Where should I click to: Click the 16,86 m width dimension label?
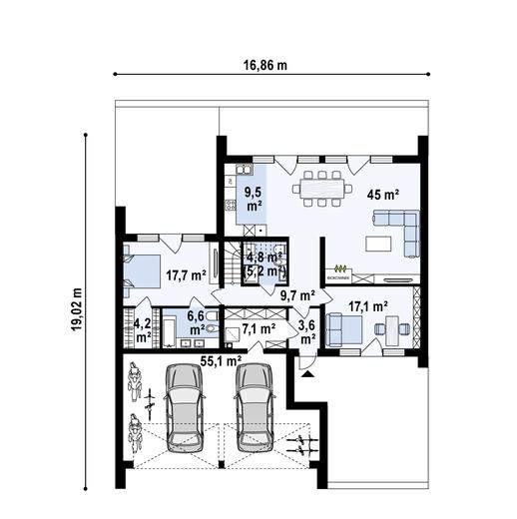pyautogui.click(x=264, y=66)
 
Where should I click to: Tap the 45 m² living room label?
pyautogui.click(x=380, y=195)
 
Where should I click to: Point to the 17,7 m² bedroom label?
pyautogui.click(x=186, y=274)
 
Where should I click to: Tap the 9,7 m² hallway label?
pyautogui.click(x=296, y=294)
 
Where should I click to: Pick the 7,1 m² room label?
pyautogui.click(x=258, y=326)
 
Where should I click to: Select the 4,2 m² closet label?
pyautogui.click(x=143, y=330)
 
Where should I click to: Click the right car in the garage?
pyautogui.click(x=254, y=403)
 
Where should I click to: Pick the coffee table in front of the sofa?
pyautogui.click(x=378, y=243)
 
